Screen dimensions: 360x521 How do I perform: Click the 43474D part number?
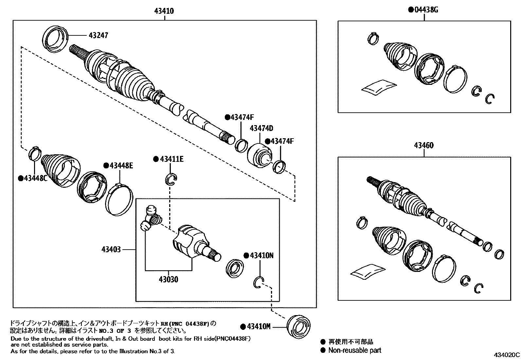[x=261, y=128]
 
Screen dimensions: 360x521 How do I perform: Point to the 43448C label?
[x=33, y=178]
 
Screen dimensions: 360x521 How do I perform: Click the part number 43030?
[x=169, y=279]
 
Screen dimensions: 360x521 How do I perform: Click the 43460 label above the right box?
[x=424, y=145]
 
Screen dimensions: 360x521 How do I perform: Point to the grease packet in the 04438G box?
[x=379, y=87]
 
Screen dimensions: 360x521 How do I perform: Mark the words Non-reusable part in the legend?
[x=355, y=350]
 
